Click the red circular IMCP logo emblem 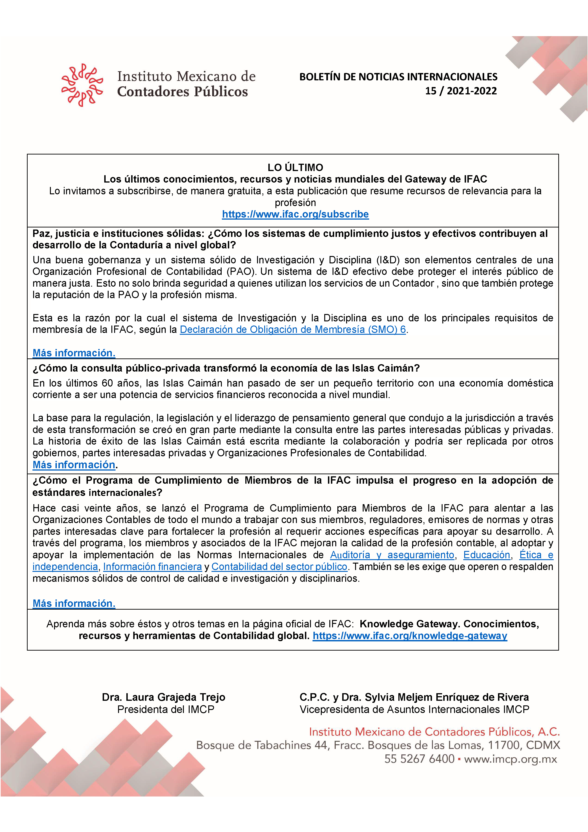tap(82, 85)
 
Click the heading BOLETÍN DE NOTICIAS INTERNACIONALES tap(398, 77)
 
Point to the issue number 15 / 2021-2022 tap(461, 91)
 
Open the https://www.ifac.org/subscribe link tap(295, 214)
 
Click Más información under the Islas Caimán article tap(74, 465)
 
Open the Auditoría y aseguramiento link tap(392, 555)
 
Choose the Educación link tap(487, 555)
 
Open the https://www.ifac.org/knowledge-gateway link tap(410, 636)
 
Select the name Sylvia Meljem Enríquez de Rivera tap(447, 697)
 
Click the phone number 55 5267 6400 tap(419, 759)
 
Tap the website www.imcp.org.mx tap(510, 759)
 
